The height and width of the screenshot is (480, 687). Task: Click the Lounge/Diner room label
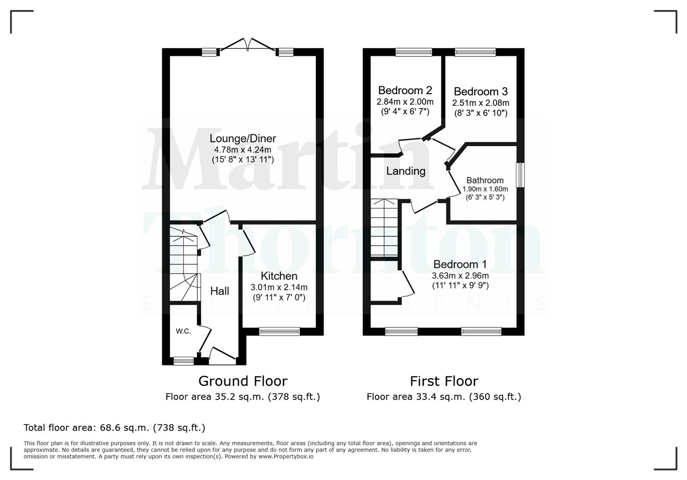[243, 139]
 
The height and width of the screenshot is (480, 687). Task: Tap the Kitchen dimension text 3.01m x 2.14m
[279, 287]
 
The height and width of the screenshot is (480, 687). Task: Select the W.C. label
[183, 331]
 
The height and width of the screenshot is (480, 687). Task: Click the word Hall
[220, 291]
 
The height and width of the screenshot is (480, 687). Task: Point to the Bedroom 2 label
[405, 91]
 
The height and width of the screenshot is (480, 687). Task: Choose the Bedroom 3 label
[481, 92]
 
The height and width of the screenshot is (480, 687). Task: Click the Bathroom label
[485, 180]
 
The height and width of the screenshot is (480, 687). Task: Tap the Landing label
[406, 171]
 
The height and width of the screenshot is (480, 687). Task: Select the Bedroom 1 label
[460, 264]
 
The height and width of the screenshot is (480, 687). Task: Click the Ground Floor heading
[243, 381]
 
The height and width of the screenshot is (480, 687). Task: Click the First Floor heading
[444, 381]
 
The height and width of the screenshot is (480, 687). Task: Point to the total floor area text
[114, 428]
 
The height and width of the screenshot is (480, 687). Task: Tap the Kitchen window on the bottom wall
[279, 331]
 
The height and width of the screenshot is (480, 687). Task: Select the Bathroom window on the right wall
[520, 175]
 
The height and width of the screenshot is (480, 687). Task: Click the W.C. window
[183, 361]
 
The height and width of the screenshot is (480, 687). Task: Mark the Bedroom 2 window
[414, 52]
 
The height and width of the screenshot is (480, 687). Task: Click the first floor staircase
[384, 228]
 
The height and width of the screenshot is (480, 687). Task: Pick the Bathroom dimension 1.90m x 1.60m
[485, 189]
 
